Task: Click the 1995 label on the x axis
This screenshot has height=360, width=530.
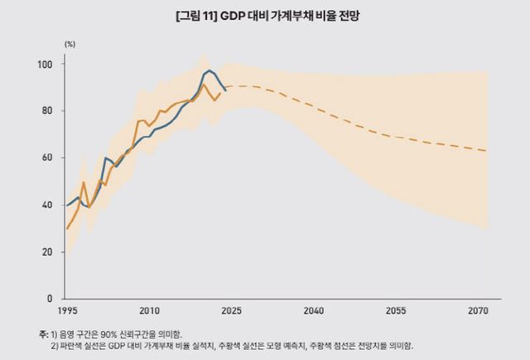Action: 68,311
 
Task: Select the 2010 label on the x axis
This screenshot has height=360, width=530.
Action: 149,311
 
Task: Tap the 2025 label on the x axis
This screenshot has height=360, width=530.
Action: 231,311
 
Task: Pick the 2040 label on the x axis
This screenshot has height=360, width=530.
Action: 313,311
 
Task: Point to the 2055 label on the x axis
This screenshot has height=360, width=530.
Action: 395,311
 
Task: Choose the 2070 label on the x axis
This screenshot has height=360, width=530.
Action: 477,311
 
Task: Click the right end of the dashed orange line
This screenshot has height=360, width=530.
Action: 487,151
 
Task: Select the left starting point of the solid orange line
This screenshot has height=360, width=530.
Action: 67,228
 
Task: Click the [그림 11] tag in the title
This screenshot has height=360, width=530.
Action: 196,17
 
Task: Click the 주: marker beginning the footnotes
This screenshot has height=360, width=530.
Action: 43,333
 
